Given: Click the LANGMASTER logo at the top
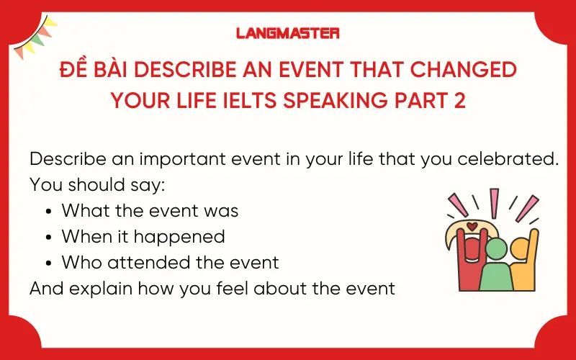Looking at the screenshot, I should coord(287,33).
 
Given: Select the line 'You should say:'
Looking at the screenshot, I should coord(97,185).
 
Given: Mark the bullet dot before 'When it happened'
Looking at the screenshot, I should coord(48,237).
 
